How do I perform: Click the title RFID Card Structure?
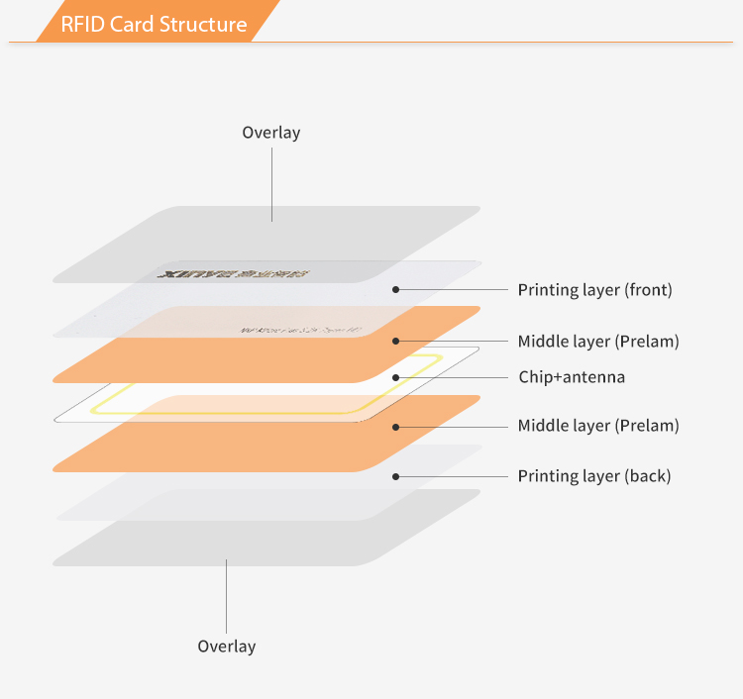[154, 24]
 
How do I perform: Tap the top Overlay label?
[270, 133]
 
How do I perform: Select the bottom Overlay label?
[226, 647]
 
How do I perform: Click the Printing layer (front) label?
[594, 290]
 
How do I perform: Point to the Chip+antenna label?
[572, 377]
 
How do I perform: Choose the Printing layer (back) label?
[593, 476]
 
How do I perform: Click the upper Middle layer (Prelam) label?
[598, 342]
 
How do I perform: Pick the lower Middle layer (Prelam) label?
[598, 426]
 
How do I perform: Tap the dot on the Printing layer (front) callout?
[395, 290]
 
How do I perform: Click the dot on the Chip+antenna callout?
[395, 377]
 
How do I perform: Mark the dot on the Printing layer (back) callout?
[395, 476]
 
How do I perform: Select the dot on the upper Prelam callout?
[395, 342]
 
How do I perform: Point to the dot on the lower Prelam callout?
[395, 427]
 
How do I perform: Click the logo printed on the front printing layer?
[234, 272]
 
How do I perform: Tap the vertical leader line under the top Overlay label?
[271, 183]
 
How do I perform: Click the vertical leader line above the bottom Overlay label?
[226, 594]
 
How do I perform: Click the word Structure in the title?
[202, 24]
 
